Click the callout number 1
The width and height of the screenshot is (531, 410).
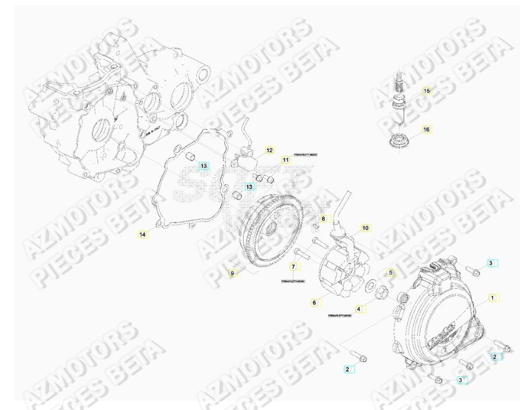pyautogui.click(x=492, y=298)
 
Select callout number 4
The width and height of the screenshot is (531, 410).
pyautogui.click(x=359, y=309)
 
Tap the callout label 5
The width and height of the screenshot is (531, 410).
pyautogui.click(x=391, y=273)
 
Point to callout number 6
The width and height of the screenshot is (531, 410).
pyautogui.click(x=314, y=302)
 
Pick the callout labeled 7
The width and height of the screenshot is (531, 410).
pyautogui.click(x=293, y=267)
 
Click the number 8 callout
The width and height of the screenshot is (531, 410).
pyautogui.click(x=324, y=219)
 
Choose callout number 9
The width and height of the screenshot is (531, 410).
pyautogui.click(x=232, y=273)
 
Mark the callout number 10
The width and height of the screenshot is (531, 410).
pyautogui.click(x=365, y=228)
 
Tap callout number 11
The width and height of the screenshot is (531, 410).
pyautogui.click(x=285, y=160)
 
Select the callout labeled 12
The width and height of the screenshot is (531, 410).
pyautogui.click(x=269, y=150)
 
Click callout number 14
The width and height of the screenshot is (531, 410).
pyautogui.click(x=143, y=234)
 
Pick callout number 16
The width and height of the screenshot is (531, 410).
pyautogui.click(x=426, y=129)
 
